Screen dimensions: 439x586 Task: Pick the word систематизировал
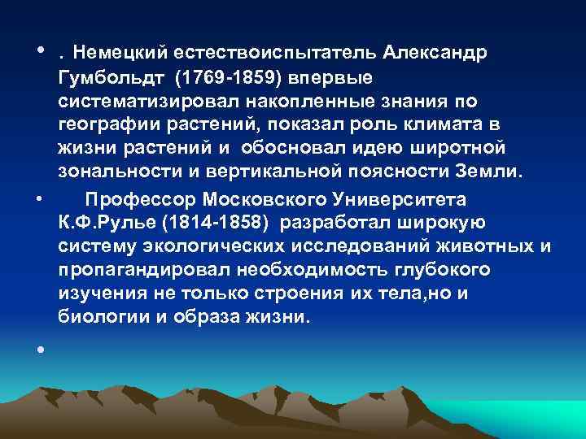(144, 102)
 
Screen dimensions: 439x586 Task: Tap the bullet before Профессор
(40, 198)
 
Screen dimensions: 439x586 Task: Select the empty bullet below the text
(40, 349)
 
